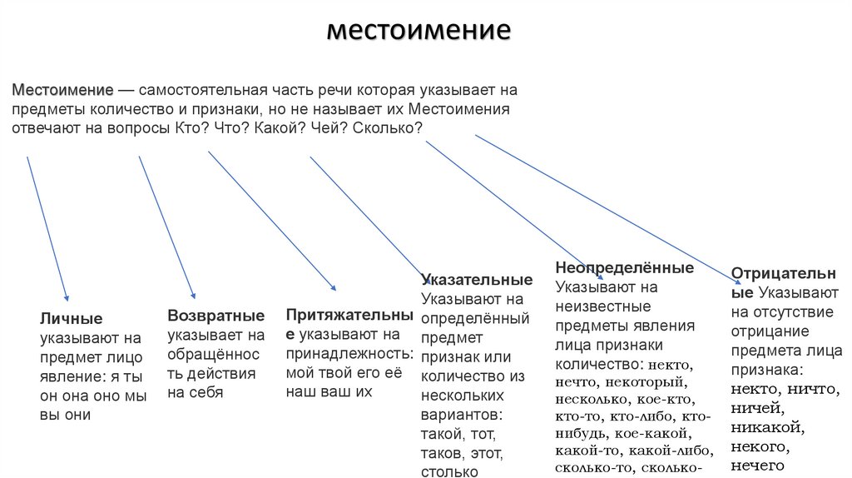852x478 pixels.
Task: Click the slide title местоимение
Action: coord(418,31)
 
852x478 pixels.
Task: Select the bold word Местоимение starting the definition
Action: coord(62,90)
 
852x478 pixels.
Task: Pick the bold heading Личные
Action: coord(72,318)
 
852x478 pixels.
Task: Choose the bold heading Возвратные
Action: coord(216,316)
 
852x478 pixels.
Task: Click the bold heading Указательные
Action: coord(477,279)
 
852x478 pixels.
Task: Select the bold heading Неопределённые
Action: coord(624,268)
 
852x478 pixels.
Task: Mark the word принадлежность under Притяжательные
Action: coord(349,353)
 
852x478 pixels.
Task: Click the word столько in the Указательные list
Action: coord(448,472)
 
